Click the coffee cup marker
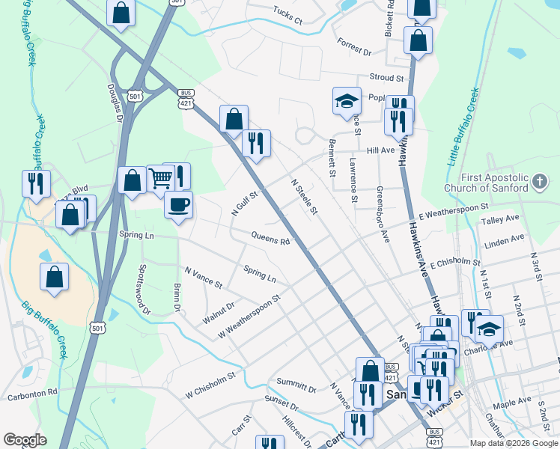178,204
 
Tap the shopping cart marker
161,178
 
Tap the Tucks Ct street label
287,16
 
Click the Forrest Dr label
354,47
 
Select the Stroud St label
386,77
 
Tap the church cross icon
539,182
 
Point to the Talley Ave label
500,220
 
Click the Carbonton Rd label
32,392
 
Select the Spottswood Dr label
144,289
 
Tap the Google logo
25,440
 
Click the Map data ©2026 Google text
513,443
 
